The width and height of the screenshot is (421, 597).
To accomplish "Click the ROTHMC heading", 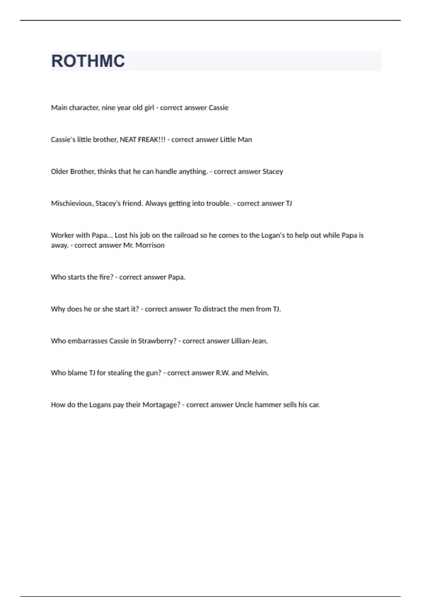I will pos(88,61).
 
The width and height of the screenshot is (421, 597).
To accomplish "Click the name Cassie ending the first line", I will pos(219,108).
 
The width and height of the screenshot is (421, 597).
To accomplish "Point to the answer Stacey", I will pos(273,172).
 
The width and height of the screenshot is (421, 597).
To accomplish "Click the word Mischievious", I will pos(72,203).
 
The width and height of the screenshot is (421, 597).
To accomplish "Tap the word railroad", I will pos(186,235).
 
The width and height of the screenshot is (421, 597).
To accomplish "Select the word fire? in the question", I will pos(106,277).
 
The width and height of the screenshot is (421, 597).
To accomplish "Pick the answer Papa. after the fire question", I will pos(176,277).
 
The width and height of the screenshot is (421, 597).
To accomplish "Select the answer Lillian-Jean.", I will pos(249,341).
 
